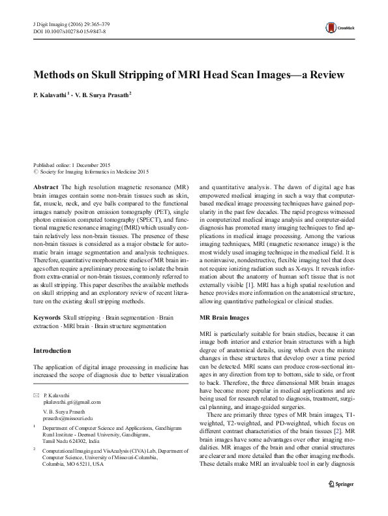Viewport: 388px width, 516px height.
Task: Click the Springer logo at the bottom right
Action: pyautogui.click(x=345, y=501)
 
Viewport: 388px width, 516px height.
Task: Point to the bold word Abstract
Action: pyautogui.click(x=44, y=187)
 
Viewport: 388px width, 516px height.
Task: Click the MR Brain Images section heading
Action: pyautogui.click(x=224, y=318)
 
